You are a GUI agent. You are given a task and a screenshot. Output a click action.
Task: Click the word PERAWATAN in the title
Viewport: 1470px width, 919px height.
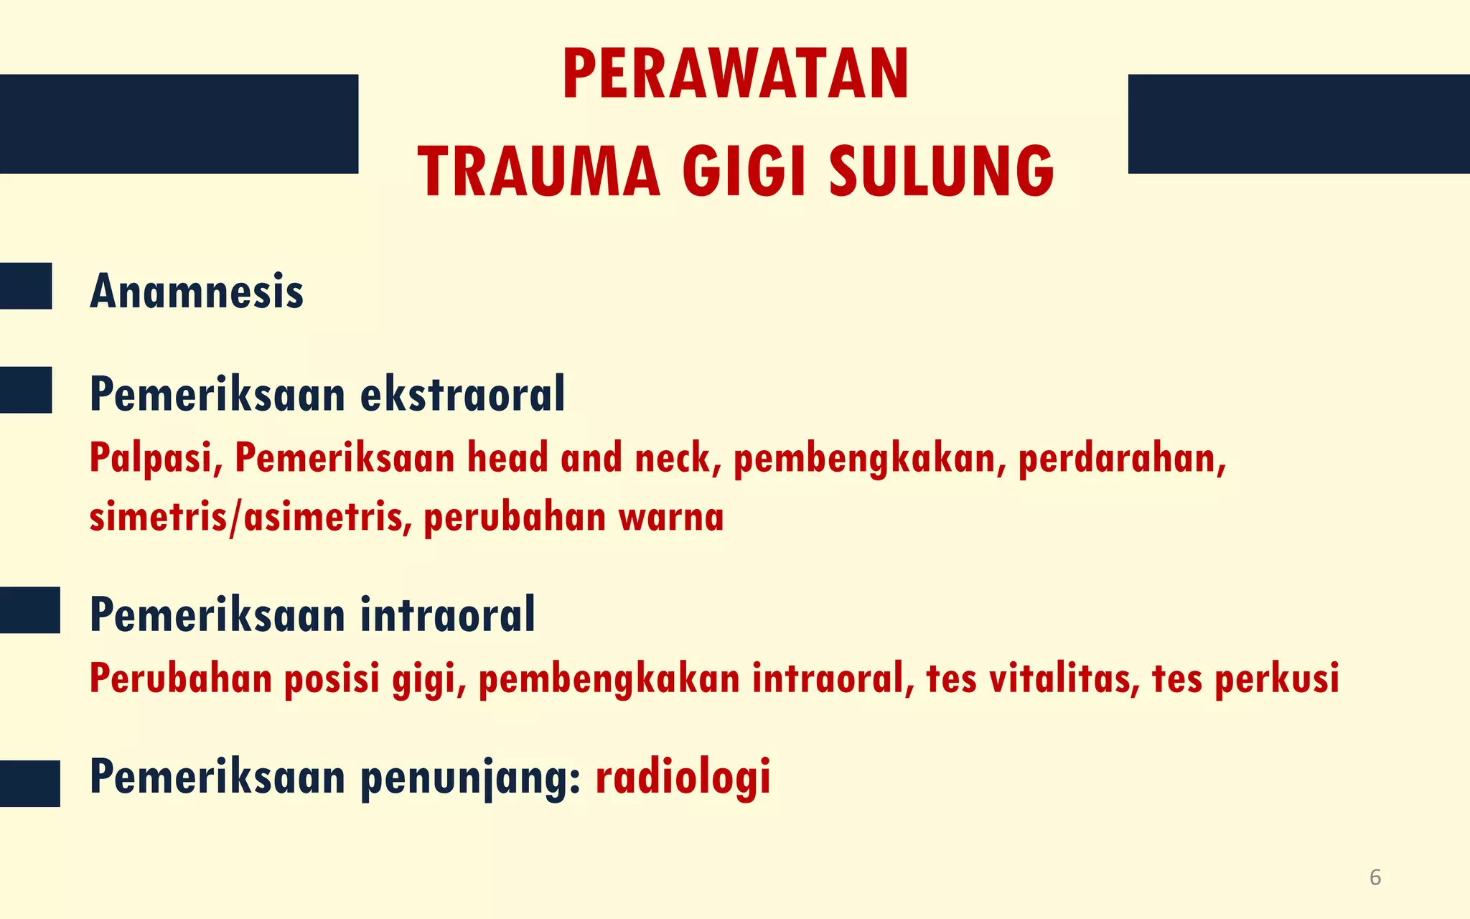tap(736, 75)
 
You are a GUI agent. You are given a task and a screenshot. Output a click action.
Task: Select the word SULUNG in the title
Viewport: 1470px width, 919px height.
tap(941, 172)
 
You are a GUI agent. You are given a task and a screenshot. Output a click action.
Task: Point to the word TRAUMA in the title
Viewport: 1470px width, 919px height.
tap(538, 172)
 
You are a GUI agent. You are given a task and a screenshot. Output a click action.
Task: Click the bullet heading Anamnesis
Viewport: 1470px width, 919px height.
tap(197, 292)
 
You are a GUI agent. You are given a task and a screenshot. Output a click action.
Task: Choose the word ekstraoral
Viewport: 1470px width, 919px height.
tap(463, 394)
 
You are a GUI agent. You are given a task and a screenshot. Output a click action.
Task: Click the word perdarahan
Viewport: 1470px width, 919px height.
tap(1122, 458)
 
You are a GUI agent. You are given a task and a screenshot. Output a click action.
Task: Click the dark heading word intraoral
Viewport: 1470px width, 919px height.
tap(448, 615)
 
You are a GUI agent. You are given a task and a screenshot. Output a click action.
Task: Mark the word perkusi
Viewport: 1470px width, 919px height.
tap(1277, 678)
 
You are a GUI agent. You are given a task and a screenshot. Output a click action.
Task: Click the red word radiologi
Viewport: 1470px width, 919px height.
tap(683, 778)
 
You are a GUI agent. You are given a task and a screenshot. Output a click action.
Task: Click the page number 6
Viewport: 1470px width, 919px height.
tap(1375, 877)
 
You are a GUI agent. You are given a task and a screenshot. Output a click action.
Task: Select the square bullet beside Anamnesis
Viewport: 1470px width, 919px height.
tap(26, 286)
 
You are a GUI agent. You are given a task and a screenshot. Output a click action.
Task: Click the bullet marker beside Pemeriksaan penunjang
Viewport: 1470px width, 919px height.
tap(30, 783)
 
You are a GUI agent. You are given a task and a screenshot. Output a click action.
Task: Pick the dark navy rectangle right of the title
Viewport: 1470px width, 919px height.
tap(1298, 123)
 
